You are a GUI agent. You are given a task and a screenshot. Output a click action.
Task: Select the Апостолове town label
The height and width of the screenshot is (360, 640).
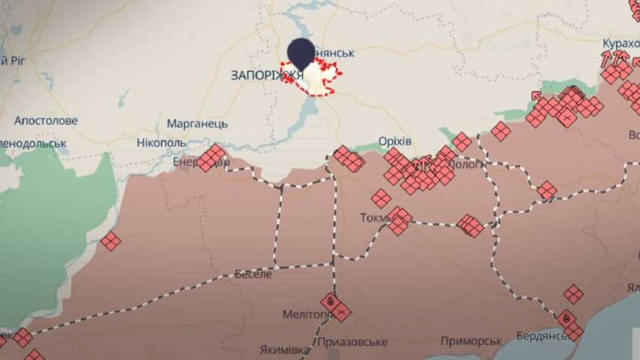point(46,121)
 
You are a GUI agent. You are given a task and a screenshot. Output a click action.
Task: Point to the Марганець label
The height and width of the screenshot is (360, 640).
point(193,124)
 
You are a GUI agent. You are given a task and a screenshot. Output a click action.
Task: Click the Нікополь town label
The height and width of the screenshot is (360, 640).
point(162,142)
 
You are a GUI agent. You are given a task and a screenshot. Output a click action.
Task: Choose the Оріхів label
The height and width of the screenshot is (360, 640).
point(395,142)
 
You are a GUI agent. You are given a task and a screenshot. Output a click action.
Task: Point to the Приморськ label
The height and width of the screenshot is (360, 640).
point(471,341)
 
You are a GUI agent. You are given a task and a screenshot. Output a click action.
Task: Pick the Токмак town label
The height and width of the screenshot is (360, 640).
point(377,218)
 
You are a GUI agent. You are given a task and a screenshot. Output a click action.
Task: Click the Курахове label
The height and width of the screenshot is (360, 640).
point(620,42)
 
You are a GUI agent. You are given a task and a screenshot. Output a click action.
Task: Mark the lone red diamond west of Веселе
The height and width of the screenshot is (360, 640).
point(111,241)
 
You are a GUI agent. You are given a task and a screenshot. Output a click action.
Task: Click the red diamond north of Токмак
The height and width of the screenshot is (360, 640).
point(381,199)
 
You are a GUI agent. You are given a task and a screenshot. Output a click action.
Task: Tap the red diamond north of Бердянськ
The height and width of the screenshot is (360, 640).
point(573,294)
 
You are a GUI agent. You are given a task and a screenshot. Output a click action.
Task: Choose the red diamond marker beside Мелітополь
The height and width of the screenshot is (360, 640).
point(337,308)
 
